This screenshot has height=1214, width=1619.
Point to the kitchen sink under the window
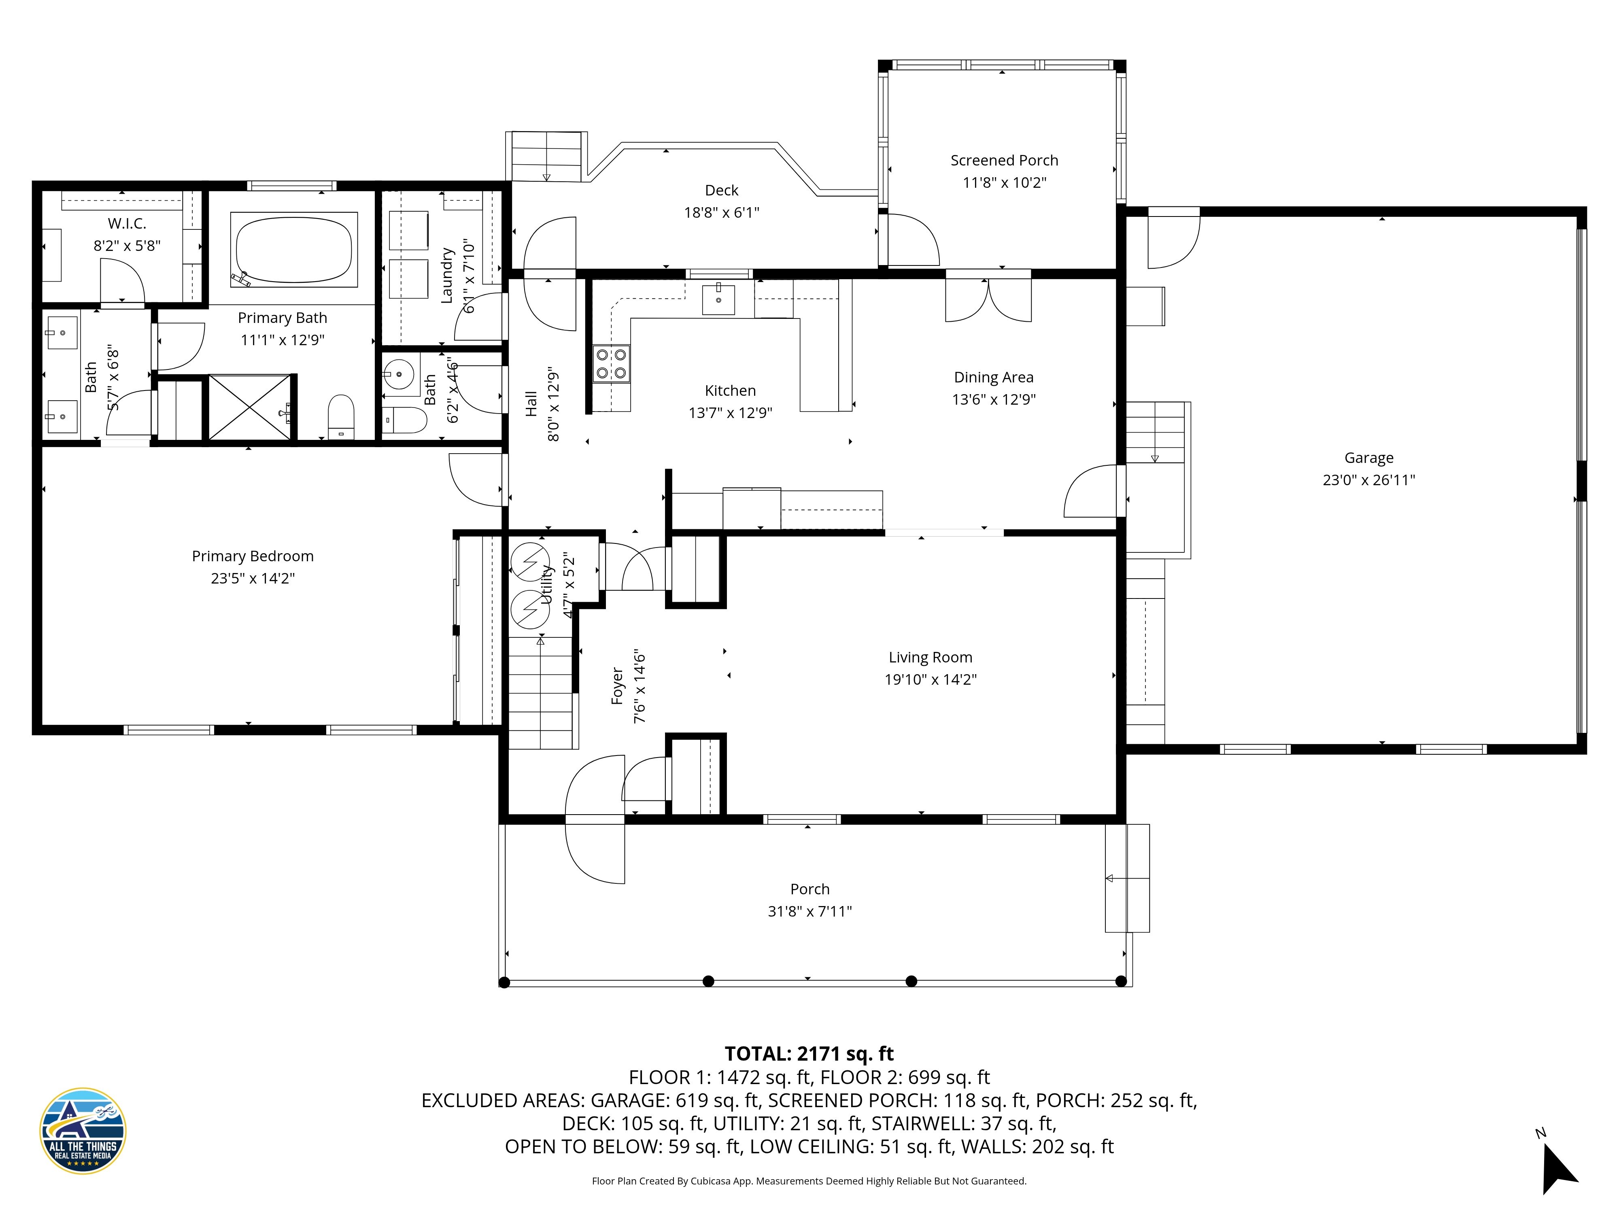point(718,299)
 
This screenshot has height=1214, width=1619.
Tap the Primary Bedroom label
point(253,556)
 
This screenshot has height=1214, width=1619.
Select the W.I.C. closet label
point(127,224)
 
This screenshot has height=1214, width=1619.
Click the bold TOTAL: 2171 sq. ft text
point(809,1054)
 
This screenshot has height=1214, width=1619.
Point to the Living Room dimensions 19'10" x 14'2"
point(930,680)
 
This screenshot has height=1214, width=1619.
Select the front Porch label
point(809,889)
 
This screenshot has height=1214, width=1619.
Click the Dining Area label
point(993,378)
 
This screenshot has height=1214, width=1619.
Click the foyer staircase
point(540,692)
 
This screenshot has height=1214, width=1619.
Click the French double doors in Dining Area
point(988,300)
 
